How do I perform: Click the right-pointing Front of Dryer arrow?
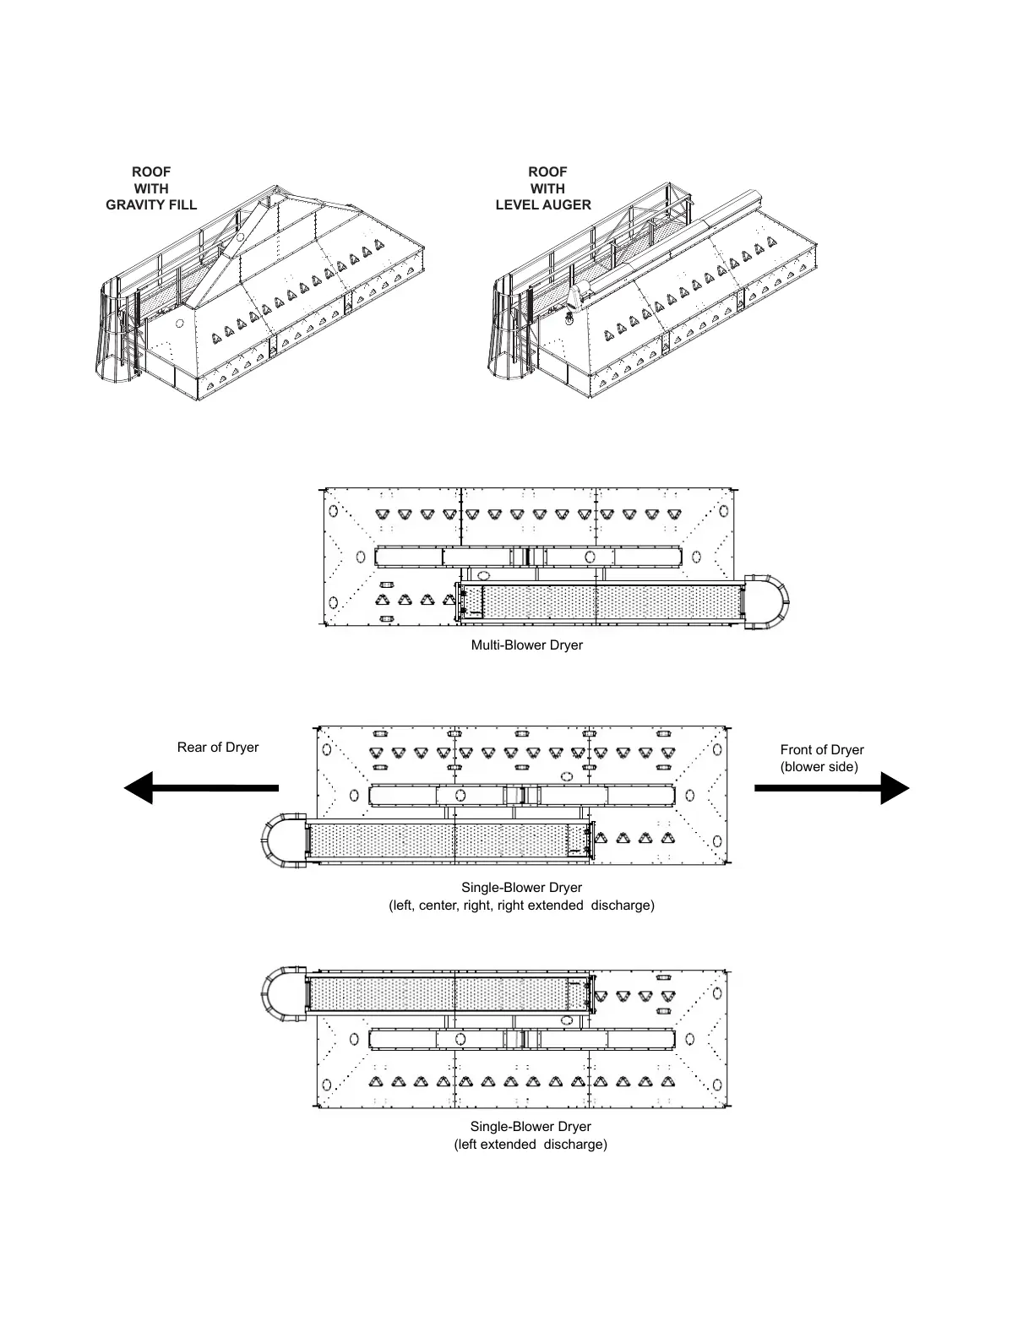tap(832, 787)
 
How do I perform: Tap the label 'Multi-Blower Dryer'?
tap(526, 645)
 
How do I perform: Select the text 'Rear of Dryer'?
tap(218, 748)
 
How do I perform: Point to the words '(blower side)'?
tap(819, 767)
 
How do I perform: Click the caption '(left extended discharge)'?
tap(531, 1145)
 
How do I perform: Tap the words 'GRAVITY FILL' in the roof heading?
tap(151, 204)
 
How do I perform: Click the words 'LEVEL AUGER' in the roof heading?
tap(543, 204)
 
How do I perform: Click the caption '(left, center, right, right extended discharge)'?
tap(521, 906)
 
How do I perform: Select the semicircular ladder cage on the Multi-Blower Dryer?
tap(770, 601)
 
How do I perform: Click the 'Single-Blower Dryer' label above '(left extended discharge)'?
tap(531, 1127)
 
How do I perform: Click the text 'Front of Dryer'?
tap(822, 750)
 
